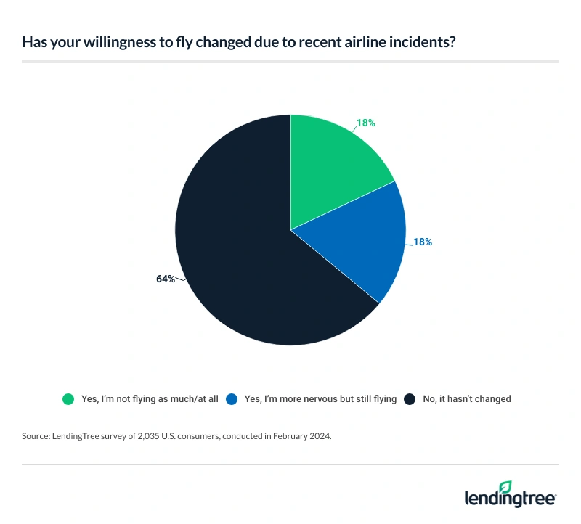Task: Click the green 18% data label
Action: (366, 123)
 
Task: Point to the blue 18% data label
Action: (423, 242)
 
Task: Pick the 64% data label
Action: (166, 278)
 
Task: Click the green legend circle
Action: (68, 398)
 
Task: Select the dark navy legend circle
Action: (410, 398)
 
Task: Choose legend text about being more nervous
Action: (320, 398)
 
